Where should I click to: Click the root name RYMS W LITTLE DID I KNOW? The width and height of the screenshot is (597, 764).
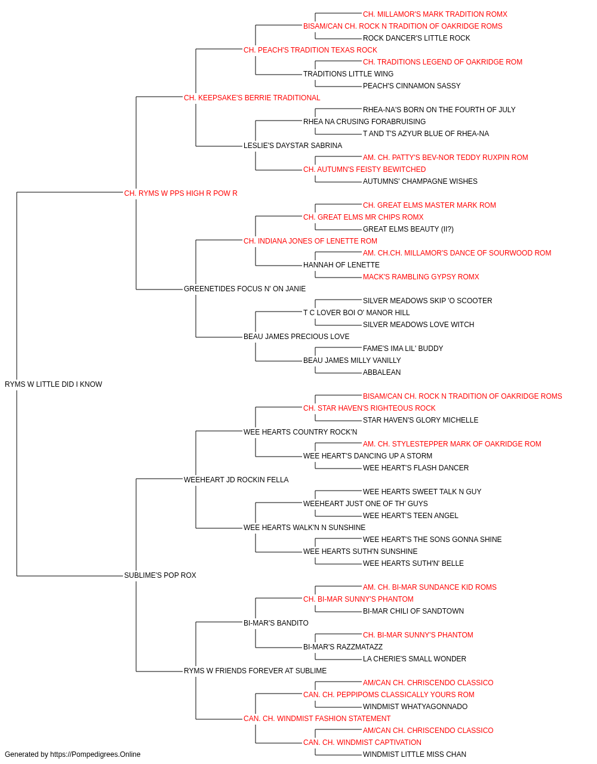54,384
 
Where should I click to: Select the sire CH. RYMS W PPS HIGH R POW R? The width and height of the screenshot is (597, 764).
181,193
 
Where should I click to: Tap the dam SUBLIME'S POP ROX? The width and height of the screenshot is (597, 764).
160,575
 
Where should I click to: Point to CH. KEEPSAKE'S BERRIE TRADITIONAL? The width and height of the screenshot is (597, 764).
252,98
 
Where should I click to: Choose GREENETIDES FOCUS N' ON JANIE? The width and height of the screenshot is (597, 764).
245,289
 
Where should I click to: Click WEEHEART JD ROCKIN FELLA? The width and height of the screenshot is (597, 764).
236,479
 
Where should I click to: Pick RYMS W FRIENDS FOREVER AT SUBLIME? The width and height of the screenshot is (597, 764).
256,670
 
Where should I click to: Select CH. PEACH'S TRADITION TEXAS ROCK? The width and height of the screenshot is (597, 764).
310,50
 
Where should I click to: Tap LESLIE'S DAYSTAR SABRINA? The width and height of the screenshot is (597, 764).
293,146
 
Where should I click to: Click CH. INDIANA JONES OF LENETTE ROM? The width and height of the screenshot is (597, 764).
310,241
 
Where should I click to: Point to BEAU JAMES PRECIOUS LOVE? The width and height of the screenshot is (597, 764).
296,337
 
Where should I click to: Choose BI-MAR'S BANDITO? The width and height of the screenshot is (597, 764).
276,623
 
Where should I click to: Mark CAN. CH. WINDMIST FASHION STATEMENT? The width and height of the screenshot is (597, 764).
317,718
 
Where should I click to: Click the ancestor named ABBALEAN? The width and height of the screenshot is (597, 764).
382,372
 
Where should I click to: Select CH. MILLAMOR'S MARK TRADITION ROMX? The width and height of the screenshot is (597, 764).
435,14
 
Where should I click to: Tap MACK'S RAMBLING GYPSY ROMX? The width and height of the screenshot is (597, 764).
421,277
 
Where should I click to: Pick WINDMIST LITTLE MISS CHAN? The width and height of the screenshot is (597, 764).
414,754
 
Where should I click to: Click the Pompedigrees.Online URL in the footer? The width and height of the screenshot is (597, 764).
96,754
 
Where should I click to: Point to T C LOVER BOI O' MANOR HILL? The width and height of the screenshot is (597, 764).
356,313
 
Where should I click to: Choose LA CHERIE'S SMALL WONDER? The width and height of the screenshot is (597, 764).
414,658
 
